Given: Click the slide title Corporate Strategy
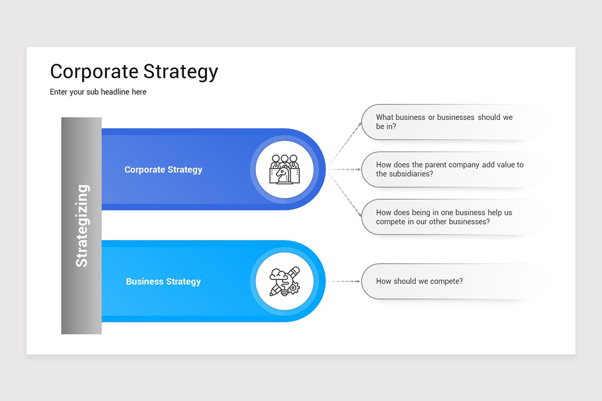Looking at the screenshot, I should click(x=134, y=71).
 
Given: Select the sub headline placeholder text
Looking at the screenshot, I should click(x=98, y=92).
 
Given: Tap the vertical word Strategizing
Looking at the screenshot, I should click(x=81, y=226).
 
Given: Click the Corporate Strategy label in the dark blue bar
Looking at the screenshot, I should click(x=163, y=169).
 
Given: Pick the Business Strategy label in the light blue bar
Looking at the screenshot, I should click(x=163, y=281).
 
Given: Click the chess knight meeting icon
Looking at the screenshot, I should click(x=284, y=169).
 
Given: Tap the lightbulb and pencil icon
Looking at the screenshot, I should click(x=284, y=281).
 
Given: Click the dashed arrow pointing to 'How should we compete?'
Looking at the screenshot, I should click(x=345, y=281).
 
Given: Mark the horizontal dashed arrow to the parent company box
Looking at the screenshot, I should click(x=345, y=169).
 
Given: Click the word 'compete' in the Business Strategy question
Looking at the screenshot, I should click(x=442, y=281).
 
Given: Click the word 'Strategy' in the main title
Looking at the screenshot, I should click(x=181, y=71).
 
